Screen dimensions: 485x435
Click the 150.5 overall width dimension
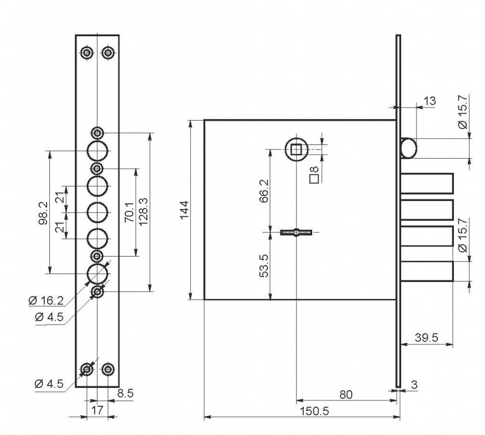(x=314, y=412)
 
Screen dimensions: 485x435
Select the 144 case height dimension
(x=185, y=210)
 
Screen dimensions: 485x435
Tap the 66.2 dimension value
(x=264, y=190)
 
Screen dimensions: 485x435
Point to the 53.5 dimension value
(x=264, y=266)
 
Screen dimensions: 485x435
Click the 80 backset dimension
(x=346, y=395)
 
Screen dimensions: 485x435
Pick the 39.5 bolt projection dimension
(x=427, y=338)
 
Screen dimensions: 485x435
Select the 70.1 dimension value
(x=129, y=212)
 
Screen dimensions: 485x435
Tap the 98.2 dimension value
(x=43, y=213)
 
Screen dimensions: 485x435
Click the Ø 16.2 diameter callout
(x=46, y=301)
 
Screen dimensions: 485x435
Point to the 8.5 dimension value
(x=125, y=393)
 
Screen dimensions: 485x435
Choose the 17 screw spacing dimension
(x=97, y=410)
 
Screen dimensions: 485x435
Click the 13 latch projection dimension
(x=429, y=101)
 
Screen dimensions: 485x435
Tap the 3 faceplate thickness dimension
(x=414, y=385)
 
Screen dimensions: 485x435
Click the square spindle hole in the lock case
(x=296, y=150)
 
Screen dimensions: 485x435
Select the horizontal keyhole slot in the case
(x=296, y=232)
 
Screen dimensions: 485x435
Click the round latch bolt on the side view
(x=409, y=148)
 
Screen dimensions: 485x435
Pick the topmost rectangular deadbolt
(x=427, y=184)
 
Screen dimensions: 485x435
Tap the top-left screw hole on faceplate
(x=87, y=53)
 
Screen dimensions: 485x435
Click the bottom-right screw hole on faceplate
(x=108, y=369)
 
